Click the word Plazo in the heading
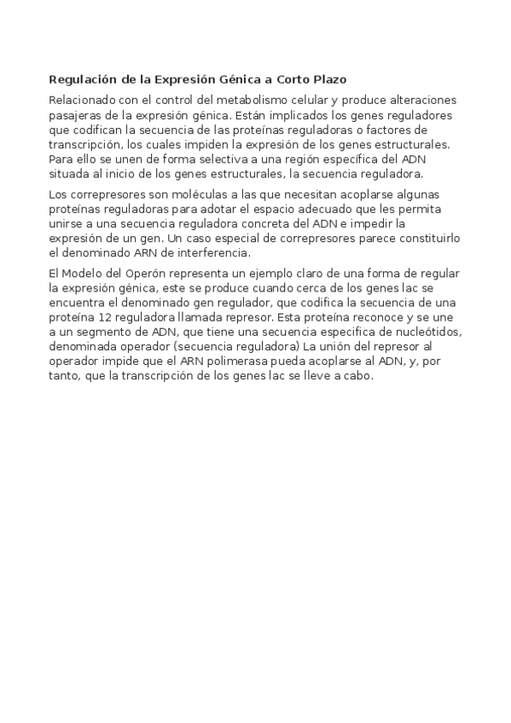[x=326, y=80]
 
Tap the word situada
[x=71, y=173]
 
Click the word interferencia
[x=212, y=253]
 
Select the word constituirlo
[x=416, y=240]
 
